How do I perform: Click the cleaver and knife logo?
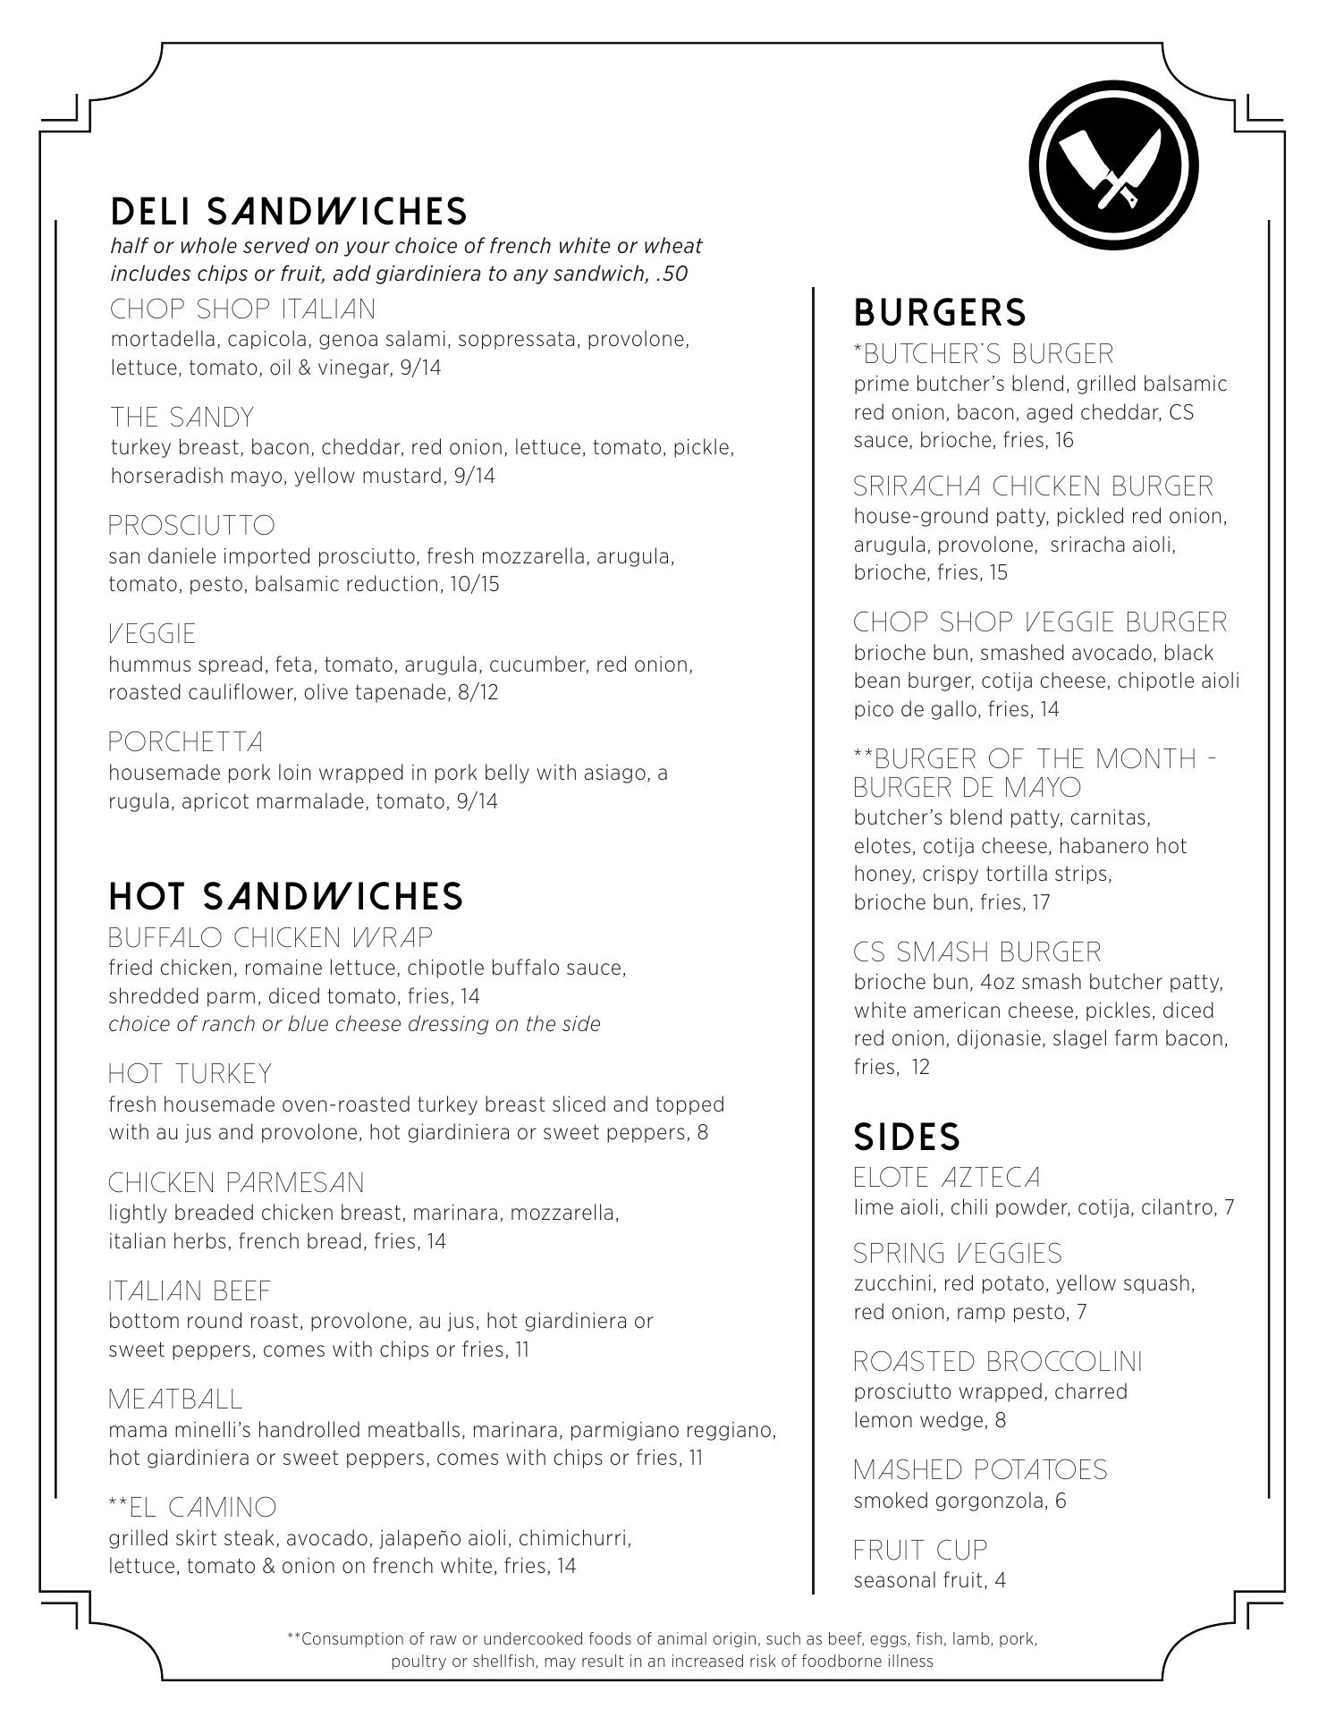1112,165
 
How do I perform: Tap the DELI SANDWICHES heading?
289,211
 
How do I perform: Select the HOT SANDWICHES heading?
286,896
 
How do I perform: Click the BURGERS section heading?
940,312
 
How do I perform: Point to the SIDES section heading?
907,1137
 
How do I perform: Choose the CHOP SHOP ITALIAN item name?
242,309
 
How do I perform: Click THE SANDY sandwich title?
182,418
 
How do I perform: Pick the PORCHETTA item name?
186,742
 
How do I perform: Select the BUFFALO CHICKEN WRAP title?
270,938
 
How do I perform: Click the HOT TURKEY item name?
190,1074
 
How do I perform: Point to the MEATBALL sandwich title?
175,1400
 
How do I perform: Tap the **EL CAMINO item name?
192,1508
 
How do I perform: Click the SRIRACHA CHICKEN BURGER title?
1033,486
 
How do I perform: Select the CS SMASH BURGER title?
977,952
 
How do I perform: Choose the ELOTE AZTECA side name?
947,1178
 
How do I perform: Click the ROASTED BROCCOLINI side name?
998,1362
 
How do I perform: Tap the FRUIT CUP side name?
920,1550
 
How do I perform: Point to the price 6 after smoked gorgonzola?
1061,1501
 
